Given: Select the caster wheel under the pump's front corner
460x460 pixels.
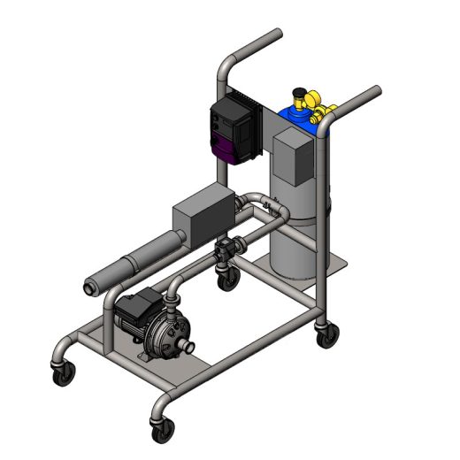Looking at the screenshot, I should click(x=163, y=431).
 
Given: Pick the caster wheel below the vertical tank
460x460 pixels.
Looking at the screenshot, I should click(x=326, y=334).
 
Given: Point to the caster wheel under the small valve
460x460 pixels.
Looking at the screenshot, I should click(x=229, y=279).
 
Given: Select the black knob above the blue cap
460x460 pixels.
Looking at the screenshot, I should click(x=303, y=91).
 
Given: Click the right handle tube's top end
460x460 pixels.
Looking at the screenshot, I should click(x=375, y=90).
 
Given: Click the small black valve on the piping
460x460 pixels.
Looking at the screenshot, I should click(x=226, y=248).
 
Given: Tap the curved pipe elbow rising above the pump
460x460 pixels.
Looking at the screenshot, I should click(x=172, y=285).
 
